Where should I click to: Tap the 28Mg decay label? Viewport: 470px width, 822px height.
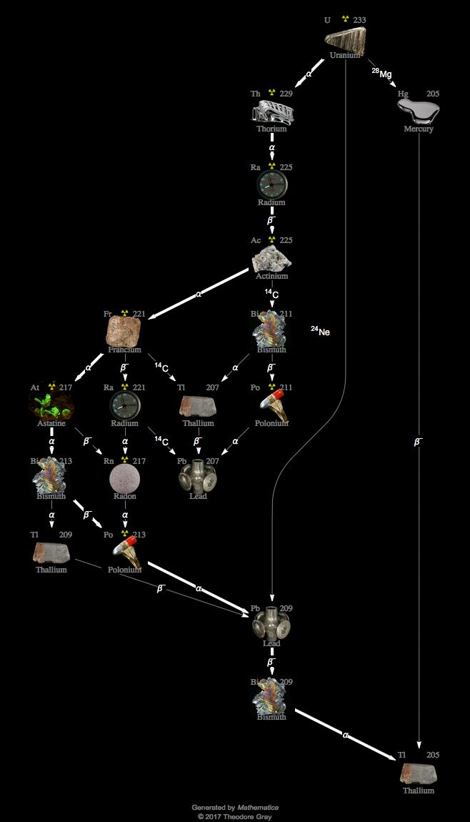381,74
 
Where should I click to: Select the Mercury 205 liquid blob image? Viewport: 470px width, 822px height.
418,111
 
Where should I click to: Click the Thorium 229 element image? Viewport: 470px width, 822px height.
272,112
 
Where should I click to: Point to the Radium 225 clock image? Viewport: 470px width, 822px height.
271,184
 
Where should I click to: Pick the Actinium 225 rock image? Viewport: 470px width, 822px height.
271,258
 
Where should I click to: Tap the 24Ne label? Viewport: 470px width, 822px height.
320,332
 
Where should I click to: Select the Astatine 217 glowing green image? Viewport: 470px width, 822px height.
51,405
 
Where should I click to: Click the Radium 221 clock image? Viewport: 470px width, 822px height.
125,405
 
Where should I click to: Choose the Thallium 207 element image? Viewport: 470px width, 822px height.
198,406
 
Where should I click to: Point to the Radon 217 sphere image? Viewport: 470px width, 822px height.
125,478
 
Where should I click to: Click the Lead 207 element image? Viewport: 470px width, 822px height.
198,478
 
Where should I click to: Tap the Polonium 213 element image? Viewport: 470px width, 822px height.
126,552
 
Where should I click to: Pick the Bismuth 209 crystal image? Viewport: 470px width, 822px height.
271,698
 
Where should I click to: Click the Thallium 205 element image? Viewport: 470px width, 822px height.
418,773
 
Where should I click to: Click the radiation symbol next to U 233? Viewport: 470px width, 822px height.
345,19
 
